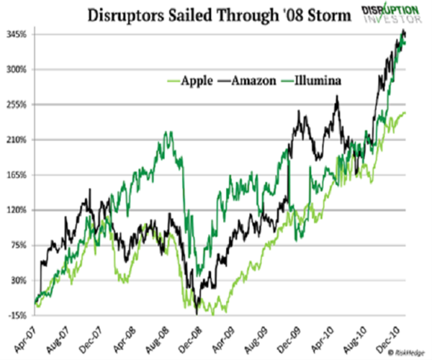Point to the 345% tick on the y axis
(17, 35)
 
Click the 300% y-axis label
(17, 70)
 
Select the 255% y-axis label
(17, 105)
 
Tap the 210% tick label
(17, 140)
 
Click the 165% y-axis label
(17, 175)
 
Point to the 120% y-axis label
(17, 210)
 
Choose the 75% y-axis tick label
(19, 245)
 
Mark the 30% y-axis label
(19, 280)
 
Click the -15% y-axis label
(18, 315)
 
